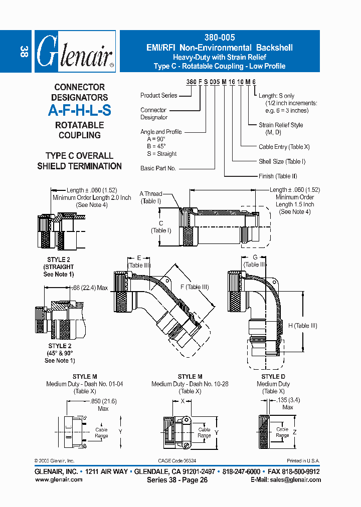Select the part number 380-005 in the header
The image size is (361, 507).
click(220, 38)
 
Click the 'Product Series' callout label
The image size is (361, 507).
click(159, 95)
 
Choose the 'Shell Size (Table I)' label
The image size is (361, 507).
click(282, 161)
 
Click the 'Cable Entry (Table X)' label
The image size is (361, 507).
click(284, 147)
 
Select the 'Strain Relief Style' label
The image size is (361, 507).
click(281, 125)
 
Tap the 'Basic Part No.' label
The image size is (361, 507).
click(158, 168)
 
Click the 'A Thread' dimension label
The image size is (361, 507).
click(151, 194)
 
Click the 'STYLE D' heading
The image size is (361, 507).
click(273, 377)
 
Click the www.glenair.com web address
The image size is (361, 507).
click(59, 479)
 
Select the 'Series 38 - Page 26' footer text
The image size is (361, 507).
click(177, 479)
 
